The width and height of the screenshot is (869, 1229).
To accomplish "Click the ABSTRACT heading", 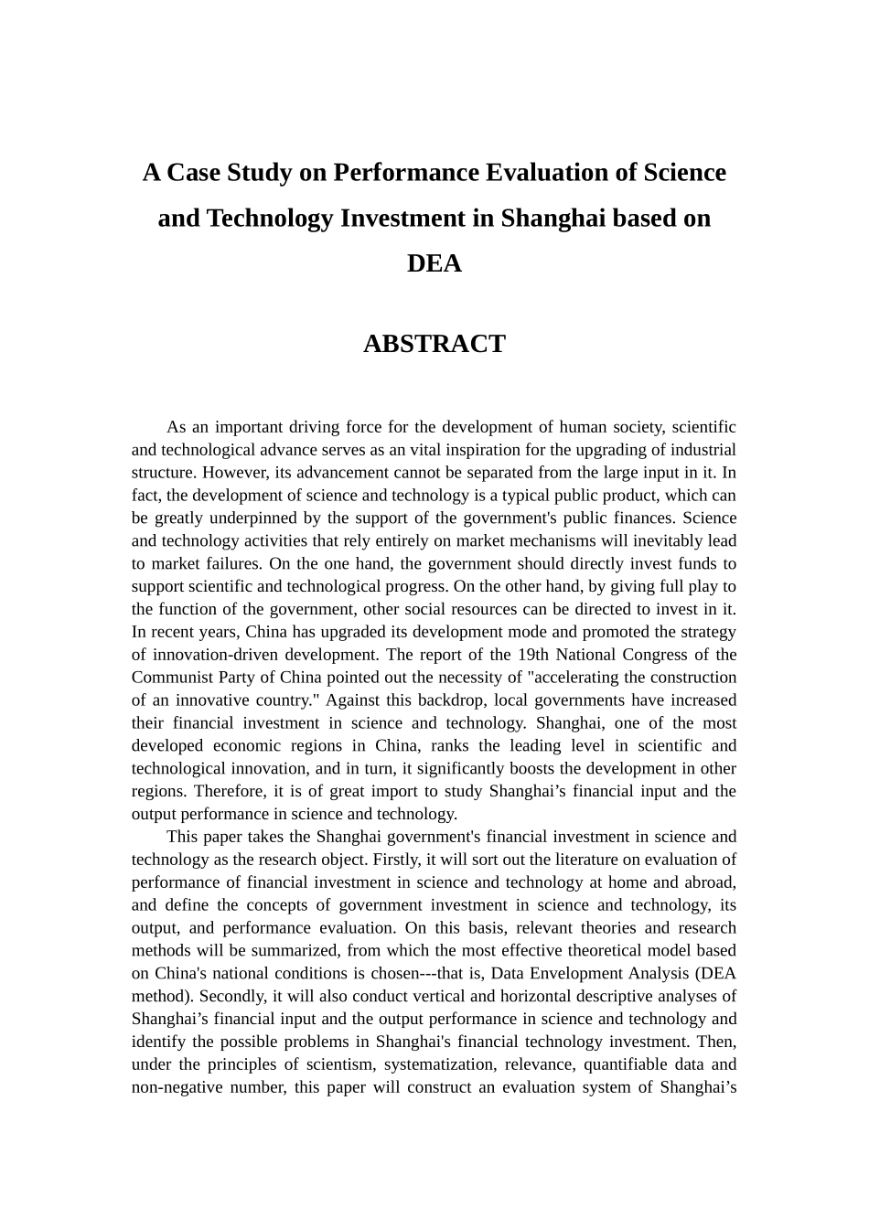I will click(x=434, y=344).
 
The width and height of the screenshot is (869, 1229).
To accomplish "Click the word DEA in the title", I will click(x=434, y=263).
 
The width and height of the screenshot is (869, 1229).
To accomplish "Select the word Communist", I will click(x=171, y=678).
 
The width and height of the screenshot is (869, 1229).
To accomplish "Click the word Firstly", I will click(x=395, y=860).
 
